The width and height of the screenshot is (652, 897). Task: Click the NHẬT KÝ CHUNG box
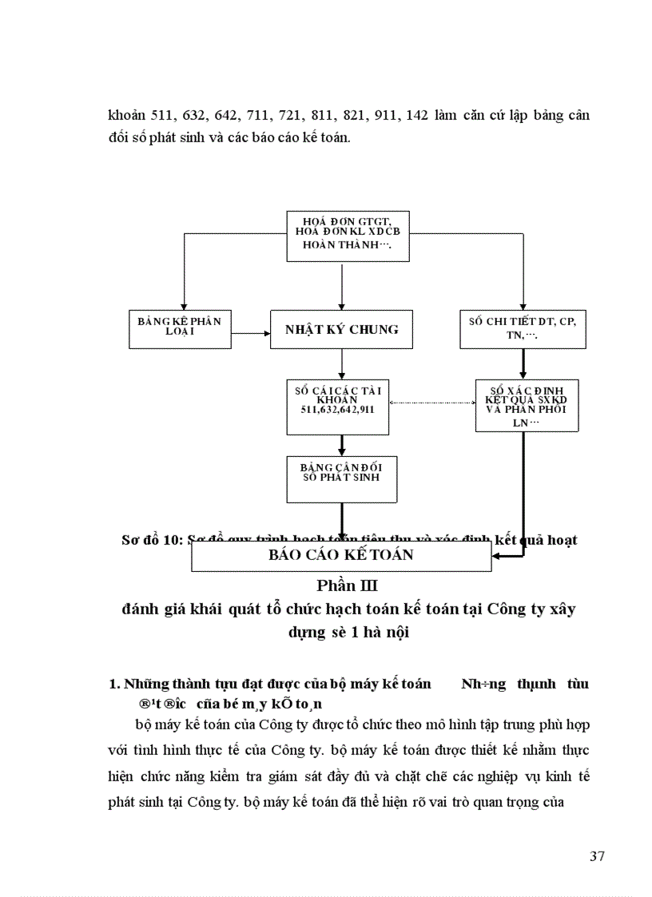pyautogui.click(x=342, y=329)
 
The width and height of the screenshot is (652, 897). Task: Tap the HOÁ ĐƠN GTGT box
pyautogui.click(x=348, y=236)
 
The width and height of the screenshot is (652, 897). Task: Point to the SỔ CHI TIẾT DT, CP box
pyautogui.click(x=523, y=328)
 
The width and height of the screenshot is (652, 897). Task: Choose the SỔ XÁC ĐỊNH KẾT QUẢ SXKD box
pyautogui.click(x=526, y=405)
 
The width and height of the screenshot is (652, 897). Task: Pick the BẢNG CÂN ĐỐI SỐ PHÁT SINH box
pyautogui.click(x=342, y=478)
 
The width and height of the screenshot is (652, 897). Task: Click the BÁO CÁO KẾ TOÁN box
pyautogui.click(x=341, y=554)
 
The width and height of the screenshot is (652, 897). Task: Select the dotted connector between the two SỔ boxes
pyautogui.click(x=433, y=403)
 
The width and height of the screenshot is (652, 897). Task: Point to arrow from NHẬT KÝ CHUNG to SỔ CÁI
pyautogui.click(x=342, y=363)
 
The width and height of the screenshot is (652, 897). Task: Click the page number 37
pyautogui.click(x=597, y=856)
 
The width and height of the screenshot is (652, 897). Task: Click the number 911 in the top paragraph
pyautogui.click(x=386, y=115)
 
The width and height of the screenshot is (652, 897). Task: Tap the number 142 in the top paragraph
pyautogui.click(x=417, y=115)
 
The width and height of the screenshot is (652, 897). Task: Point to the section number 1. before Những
pyautogui.click(x=113, y=684)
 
